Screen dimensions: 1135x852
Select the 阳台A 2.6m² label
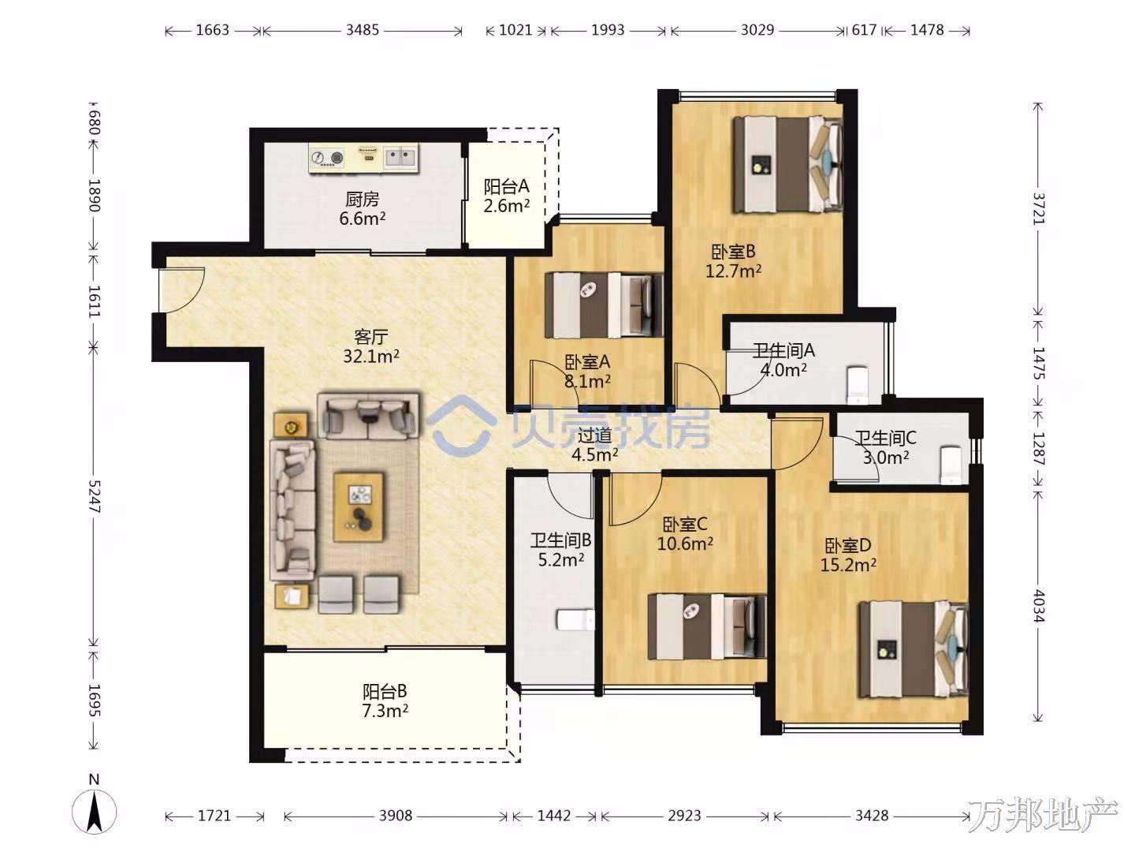coord(506,196)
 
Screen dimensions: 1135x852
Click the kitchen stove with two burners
coord(327,157)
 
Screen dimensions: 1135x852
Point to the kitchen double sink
coord(400,157)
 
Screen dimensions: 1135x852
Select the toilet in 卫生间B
coord(575,620)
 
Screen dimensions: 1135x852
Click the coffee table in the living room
coord(359,506)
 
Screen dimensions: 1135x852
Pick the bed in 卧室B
coord(787,164)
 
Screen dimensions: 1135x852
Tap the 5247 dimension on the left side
coord(94,496)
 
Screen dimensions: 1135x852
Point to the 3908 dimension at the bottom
coord(396,816)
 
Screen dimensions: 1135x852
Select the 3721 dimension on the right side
coord(1038,208)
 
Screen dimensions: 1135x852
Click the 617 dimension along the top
coord(864,30)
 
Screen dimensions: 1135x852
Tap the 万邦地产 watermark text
coord(1043,815)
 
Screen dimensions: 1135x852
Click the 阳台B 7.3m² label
coord(385,701)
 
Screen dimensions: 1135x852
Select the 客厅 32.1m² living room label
coord(370,346)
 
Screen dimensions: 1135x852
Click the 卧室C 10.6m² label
coord(685,534)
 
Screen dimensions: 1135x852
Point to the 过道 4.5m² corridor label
coord(594,445)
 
